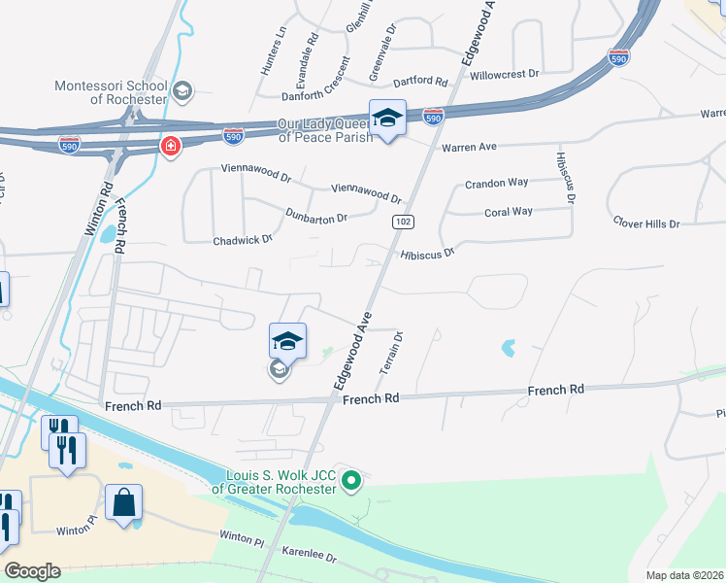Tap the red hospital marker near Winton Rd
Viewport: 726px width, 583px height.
(x=170, y=147)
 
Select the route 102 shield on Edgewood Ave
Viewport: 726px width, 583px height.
(x=400, y=223)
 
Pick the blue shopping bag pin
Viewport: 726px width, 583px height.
(x=123, y=503)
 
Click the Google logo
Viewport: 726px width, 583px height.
(x=31, y=571)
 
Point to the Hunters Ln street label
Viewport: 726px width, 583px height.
(x=273, y=51)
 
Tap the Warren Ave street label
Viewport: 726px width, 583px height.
(x=469, y=147)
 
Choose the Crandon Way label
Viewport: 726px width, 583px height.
(x=496, y=183)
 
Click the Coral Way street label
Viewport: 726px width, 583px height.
(x=508, y=212)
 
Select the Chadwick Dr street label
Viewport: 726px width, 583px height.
(x=243, y=238)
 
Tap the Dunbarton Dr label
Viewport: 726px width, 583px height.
(x=316, y=216)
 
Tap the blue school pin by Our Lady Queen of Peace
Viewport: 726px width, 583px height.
(x=387, y=119)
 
